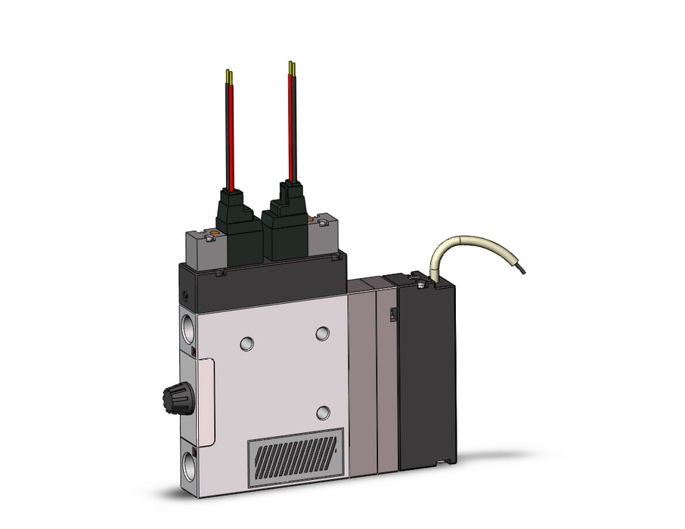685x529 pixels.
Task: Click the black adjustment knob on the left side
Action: pos(177,394)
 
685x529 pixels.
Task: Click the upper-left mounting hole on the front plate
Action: pos(246,344)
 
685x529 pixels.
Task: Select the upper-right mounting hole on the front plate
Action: pos(323,333)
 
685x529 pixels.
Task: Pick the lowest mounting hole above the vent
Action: pos(323,412)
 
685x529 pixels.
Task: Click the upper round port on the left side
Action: pos(188,329)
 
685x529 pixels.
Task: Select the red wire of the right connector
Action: pos(291,125)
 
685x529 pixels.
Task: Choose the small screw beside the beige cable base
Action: pos(418,286)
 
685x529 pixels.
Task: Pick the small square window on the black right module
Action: pos(392,314)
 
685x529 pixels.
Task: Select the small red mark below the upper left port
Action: pos(193,353)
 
